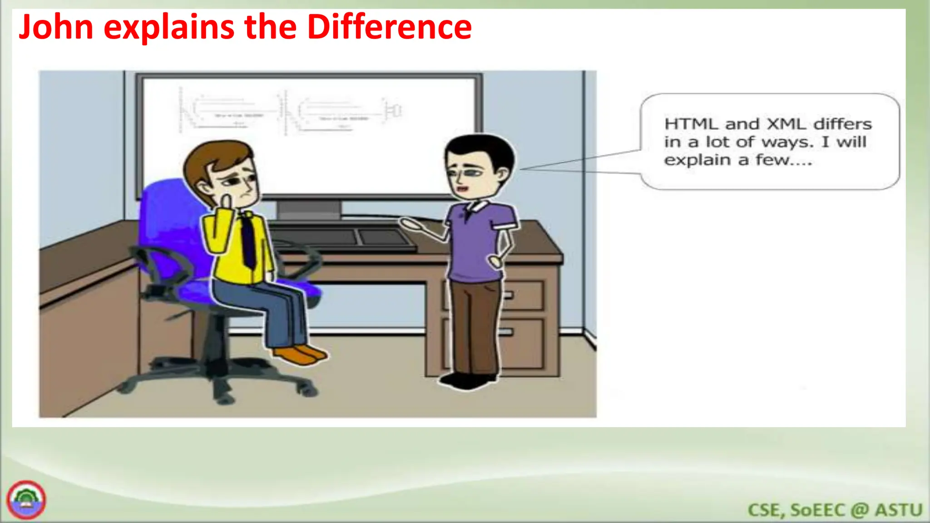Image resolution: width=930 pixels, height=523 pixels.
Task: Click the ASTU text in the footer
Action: point(899,510)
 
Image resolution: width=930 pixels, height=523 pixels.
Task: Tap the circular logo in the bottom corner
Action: point(26,500)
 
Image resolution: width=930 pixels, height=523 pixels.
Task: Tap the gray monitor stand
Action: point(309,210)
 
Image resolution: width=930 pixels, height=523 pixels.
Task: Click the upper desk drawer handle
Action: point(509,296)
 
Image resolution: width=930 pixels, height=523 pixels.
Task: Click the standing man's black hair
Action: point(481,148)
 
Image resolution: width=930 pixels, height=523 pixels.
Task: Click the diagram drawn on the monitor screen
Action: point(291,111)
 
